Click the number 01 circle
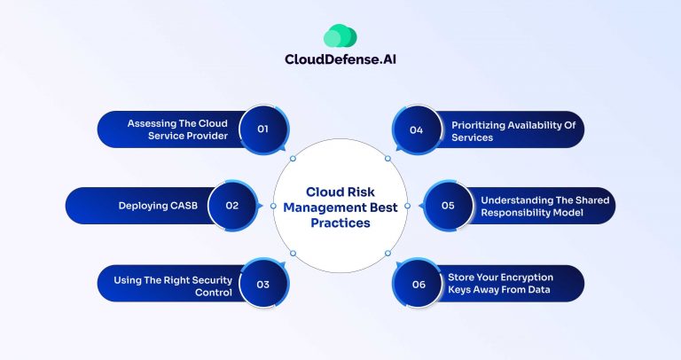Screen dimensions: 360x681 (x=262, y=129)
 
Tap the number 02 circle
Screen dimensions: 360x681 (x=232, y=205)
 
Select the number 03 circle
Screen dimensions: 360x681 (x=262, y=284)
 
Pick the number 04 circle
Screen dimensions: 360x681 (x=416, y=129)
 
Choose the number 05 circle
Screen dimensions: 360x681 (x=448, y=205)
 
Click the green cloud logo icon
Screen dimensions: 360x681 (x=340, y=36)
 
